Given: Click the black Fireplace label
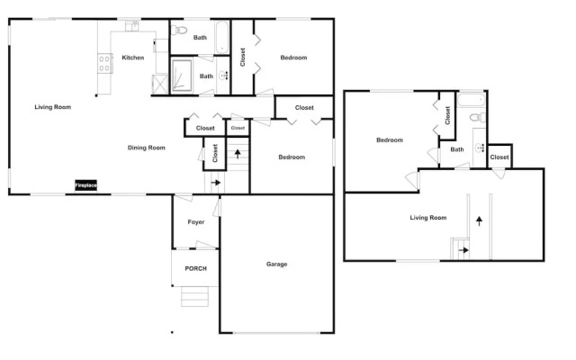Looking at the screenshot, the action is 86,185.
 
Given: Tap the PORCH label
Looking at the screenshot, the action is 196,269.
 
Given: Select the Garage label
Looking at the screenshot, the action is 276,264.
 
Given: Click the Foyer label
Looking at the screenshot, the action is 196,222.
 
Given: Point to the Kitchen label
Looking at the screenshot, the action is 133,58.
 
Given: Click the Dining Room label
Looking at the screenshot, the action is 146,148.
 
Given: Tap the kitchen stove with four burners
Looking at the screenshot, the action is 104,64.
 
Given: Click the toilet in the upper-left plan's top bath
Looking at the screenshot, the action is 179,30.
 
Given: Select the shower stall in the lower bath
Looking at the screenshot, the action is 182,76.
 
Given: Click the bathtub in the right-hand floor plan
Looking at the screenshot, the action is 471,100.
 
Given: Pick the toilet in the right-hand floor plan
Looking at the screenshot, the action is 478,118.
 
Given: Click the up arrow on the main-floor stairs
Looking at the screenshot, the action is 238,154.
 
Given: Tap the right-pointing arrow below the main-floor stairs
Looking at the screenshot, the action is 216,183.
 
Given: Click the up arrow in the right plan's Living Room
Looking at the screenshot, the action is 479,220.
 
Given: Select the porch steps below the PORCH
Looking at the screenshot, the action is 194,296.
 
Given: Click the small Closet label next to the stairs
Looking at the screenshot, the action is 238,128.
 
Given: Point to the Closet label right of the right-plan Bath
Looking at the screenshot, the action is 499,157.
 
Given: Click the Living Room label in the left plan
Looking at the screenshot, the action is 53,107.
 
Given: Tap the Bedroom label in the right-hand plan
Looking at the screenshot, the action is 390,140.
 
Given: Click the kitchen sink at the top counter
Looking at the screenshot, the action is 132,26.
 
